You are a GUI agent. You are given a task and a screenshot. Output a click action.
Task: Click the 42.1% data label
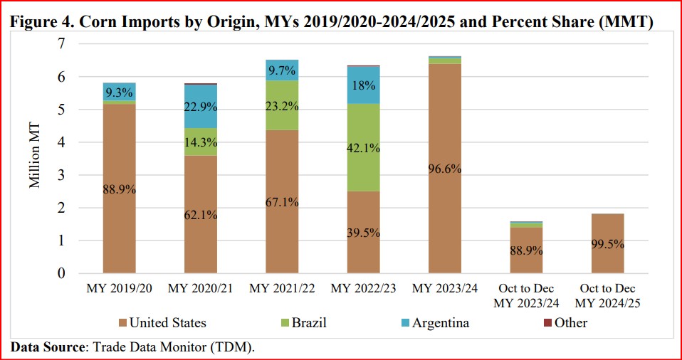[x=363, y=149]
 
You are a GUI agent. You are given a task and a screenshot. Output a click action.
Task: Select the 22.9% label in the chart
[x=201, y=107]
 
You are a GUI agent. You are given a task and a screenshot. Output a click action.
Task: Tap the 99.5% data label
[x=607, y=244]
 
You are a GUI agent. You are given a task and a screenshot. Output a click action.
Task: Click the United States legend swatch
[x=122, y=323]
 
